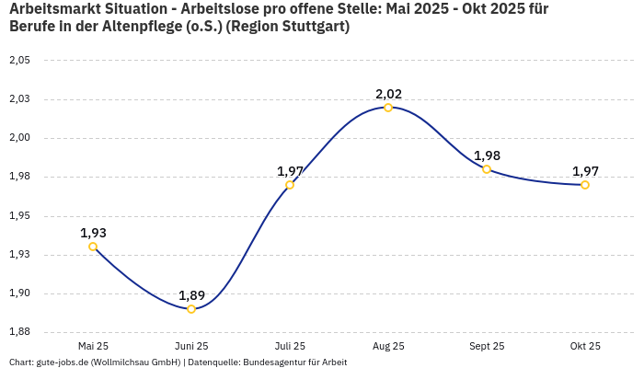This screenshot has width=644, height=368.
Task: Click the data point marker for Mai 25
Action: pyautogui.click(x=93, y=247)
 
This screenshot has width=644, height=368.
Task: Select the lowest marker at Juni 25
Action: pyautogui.click(x=191, y=309)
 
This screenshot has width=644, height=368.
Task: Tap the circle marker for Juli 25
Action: pyautogui.click(x=290, y=185)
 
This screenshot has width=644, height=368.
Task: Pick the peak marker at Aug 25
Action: pyautogui.click(x=388, y=108)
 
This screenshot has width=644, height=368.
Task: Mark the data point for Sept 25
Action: pyautogui.click(x=487, y=169)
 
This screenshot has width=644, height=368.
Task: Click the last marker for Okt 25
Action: pyautogui.click(x=585, y=185)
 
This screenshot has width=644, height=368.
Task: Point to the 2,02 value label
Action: pyautogui.click(x=388, y=94)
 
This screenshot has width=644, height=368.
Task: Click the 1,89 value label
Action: pyautogui.click(x=191, y=295)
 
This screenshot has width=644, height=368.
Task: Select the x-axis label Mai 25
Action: pyautogui.click(x=93, y=346)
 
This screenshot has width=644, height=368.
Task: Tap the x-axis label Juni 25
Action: pyautogui.click(x=191, y=346)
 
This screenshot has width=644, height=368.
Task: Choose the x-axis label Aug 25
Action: pyautogui.click(x=388, y=346)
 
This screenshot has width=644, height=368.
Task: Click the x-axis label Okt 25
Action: pyautogui.click(x=585, y=346)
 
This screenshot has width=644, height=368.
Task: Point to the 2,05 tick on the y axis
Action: pyautogui.click(x=19, y=61)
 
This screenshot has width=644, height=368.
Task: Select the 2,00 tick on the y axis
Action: pyautogui.click(x=19, y=138)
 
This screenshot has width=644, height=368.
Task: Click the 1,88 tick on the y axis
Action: pyautogui.click(x=19, y=332)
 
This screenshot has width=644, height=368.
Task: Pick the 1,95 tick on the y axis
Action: pyautogui.click(x=19, y=216)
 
